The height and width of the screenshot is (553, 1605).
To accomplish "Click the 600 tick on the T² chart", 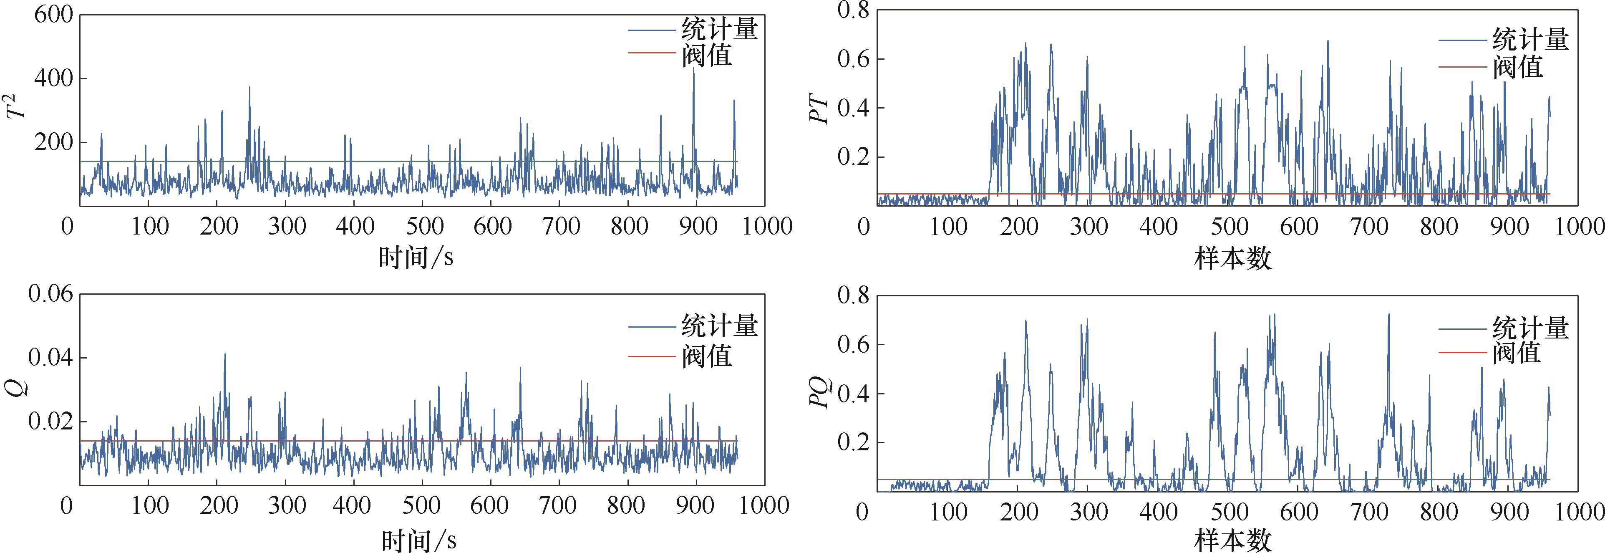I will [x=53, y=14].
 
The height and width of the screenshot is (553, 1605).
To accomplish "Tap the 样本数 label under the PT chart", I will [x=1232, y=258].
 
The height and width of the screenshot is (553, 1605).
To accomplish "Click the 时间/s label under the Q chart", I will [x=419, y=540].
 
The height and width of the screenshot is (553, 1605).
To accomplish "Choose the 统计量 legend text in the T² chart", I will [x=720, y=29].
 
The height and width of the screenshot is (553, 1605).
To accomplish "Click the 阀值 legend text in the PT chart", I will [x=1518, y=67].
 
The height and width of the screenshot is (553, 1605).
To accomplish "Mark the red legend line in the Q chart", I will [x=652, y=356].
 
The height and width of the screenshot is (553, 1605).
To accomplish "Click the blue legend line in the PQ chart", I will [x=1462, y=328].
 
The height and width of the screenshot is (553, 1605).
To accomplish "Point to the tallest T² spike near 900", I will [x=693, y=68].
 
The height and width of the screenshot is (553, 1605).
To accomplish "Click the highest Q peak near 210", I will [x=225, y=355].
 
